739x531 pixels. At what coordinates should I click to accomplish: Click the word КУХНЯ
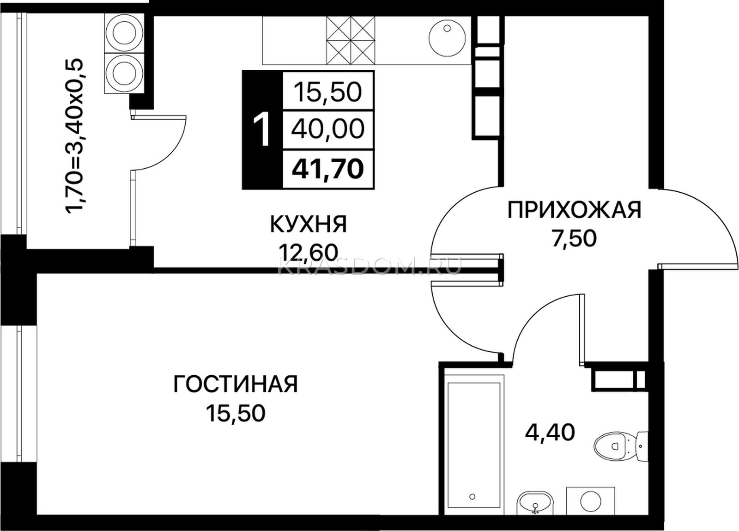coord(309,225)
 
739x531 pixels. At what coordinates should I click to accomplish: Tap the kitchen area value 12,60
coord(309,252)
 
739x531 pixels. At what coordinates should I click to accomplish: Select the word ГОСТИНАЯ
coord(236,384)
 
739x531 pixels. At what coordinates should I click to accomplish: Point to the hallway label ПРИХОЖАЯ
coord(574,210)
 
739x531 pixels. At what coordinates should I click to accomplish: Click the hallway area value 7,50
coord(575,238)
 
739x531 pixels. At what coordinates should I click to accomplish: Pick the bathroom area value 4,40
coord(550,432)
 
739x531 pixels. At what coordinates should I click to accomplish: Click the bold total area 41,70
coord(328,169)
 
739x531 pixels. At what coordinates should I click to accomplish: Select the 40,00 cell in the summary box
coord(328,129)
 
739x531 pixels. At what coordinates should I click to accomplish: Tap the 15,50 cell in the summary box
coord(328,92)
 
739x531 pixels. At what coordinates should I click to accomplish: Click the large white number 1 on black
coord(262,129)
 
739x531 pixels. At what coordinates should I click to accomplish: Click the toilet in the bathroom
coord(621,446)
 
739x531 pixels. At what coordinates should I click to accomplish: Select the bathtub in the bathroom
coord(474,449)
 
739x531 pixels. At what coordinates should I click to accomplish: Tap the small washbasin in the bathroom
coord(535,512)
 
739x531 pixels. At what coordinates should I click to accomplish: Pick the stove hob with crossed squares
coord(351,40)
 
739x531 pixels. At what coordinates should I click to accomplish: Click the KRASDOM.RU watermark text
coord(369,266)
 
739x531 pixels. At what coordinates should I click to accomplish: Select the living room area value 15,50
coord(236,413)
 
